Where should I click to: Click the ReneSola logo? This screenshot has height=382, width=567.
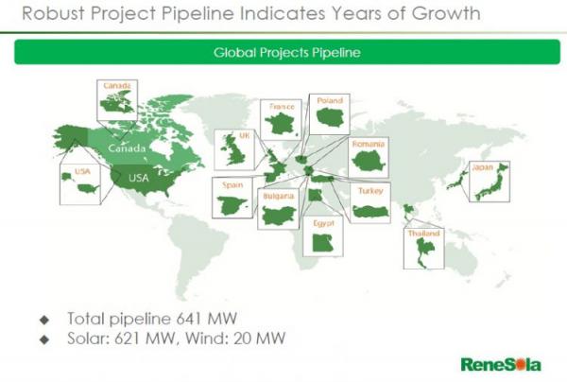(x=501, y=365)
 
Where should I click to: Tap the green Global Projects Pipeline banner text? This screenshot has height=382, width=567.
(x=286, y=53)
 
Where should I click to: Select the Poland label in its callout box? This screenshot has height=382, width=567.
(x=330, y=100)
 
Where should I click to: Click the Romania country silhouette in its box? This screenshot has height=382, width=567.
(x=369, y=162)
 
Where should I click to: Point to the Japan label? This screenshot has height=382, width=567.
(x=482, y=167)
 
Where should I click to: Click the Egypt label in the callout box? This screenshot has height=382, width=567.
(x=323, y=223)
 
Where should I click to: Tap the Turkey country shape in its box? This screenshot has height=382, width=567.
(x=370, y=211)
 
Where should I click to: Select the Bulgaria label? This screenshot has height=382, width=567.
(x=279, y=196)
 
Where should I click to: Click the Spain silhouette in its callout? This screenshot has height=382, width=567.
(x=232, y=205)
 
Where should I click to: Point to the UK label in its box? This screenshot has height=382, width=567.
(x=244, y=135)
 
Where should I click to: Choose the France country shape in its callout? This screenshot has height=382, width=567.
(x=280, y=124)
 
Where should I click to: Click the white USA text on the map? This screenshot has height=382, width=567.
(x=139, y=178)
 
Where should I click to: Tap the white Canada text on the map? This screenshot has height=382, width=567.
(x=127, y=148)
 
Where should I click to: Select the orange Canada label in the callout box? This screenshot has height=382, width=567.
(x=117, y=86)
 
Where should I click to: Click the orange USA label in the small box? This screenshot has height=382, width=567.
(x=82, y=171)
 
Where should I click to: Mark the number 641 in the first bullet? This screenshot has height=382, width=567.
(x=189, y=319)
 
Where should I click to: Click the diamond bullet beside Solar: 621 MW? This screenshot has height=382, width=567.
(x=44, y=339)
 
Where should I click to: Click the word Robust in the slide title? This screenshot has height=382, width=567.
(x=53, y=13)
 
